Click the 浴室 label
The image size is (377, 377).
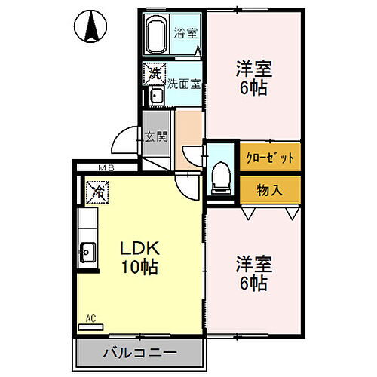(185, 33)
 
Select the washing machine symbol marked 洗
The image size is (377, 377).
(155, 74)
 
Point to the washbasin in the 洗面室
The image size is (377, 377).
(156, 97)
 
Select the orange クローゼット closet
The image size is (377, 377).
(271, 158)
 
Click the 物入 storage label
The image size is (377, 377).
(270, 188)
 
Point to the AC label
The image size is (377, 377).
(90, 317)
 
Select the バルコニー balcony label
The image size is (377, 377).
(140, 352)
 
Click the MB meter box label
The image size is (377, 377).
(106, 168)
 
